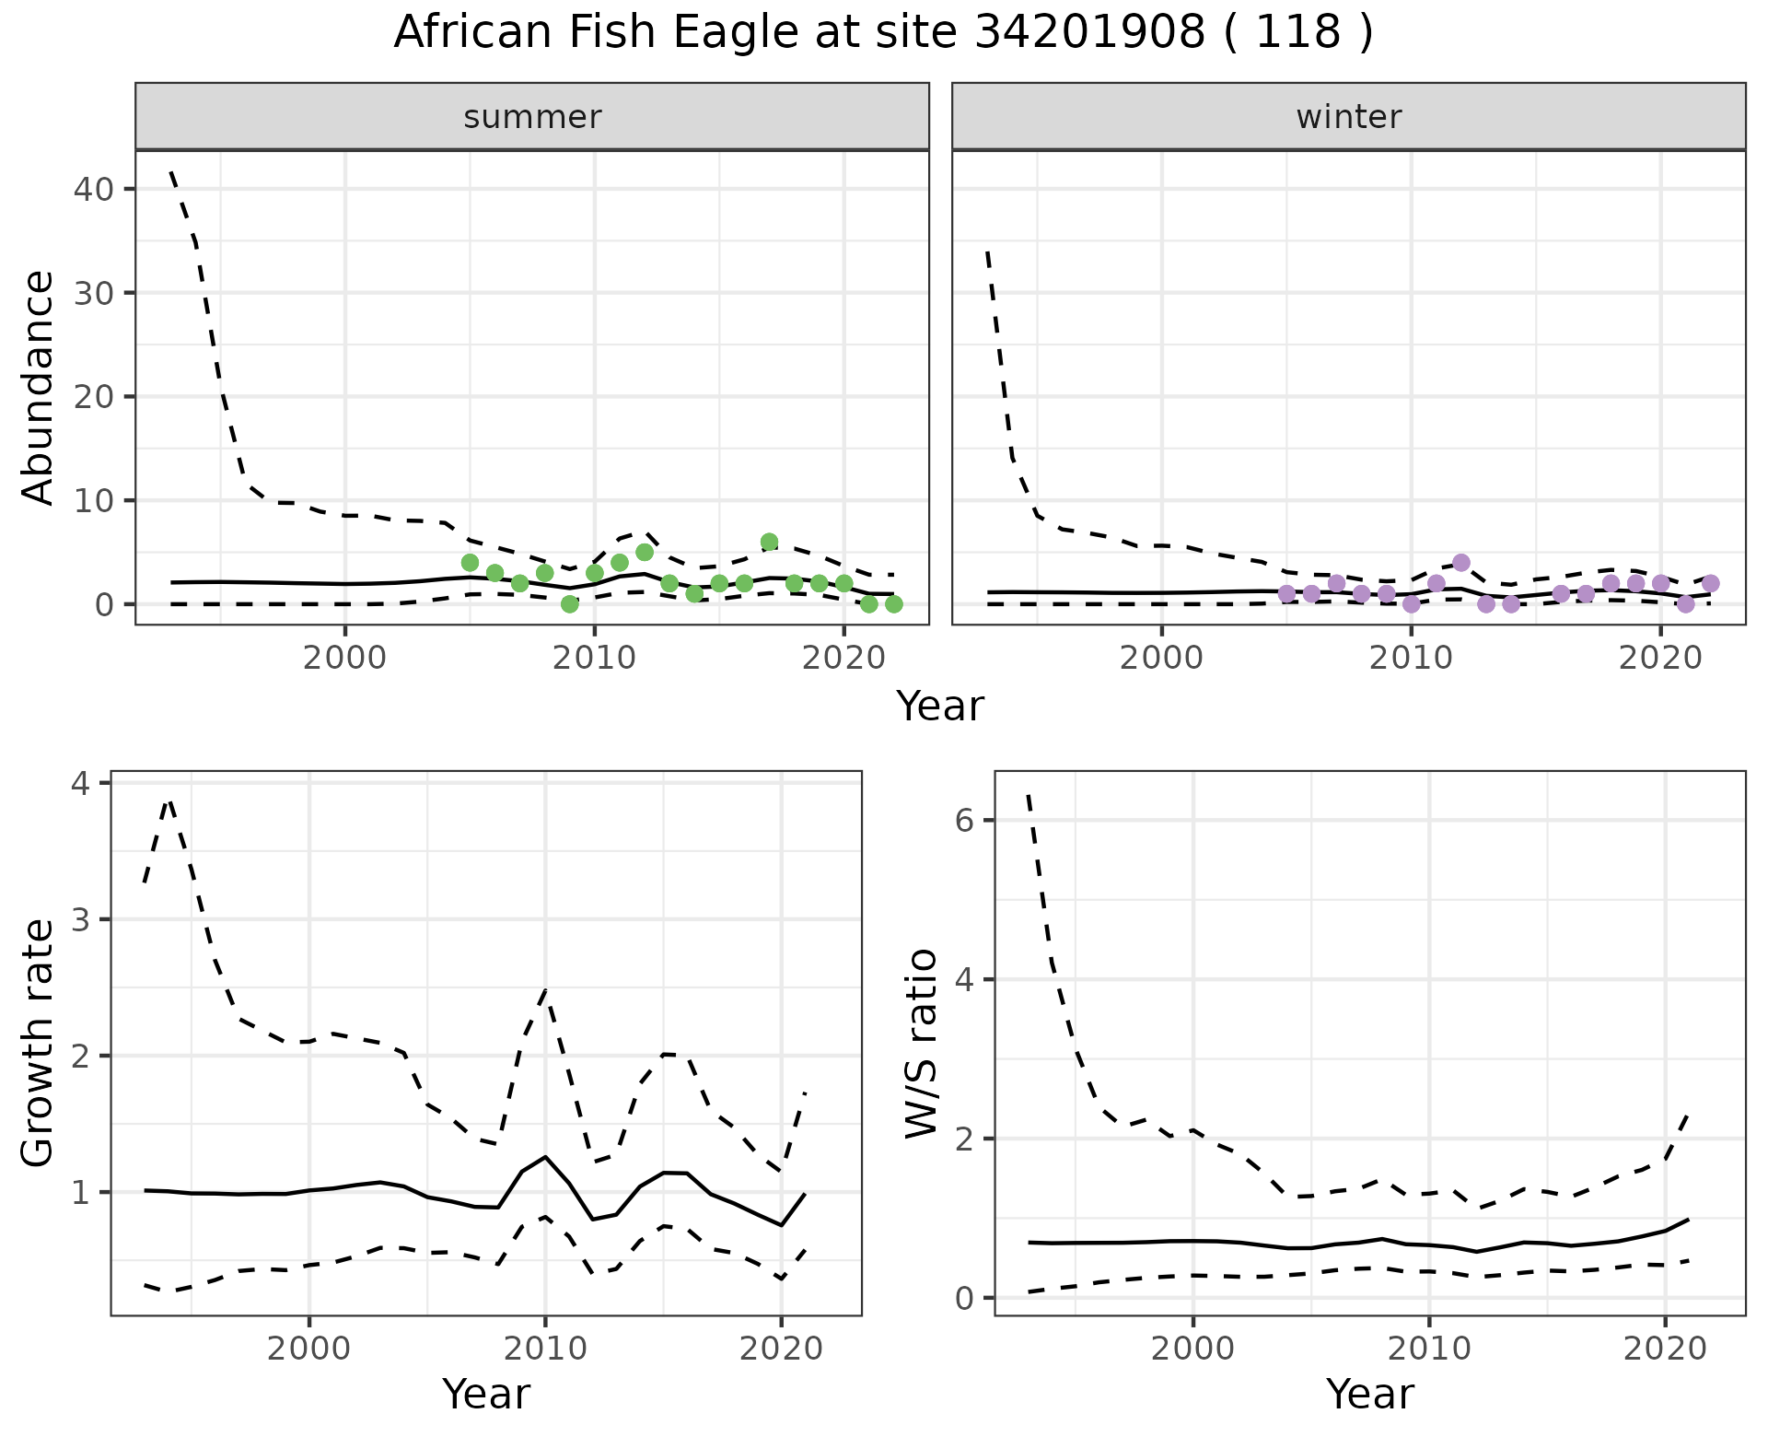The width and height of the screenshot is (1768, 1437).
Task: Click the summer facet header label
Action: tap(532, 117)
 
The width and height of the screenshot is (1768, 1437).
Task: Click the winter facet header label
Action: tap(1348, 117)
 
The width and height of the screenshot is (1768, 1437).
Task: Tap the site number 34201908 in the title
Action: tap(1088, 33)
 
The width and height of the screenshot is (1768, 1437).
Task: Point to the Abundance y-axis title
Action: tap(39, 387)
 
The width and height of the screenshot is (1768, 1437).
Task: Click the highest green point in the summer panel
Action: tap(769, 542)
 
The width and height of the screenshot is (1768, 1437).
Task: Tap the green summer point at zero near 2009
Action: tap(569, 604)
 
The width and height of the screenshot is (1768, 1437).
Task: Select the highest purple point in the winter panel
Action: tap(1460, 563)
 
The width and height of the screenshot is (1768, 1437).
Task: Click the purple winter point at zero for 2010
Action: tap(1411, 604)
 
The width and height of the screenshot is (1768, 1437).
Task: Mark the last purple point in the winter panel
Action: tap(1710, 583)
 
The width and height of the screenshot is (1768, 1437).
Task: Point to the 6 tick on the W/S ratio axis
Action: tap(964, 821)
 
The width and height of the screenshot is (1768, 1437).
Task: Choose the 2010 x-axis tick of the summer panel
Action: tap(595, 659)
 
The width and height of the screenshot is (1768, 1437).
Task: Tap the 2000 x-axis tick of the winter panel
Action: tap(1161, 659)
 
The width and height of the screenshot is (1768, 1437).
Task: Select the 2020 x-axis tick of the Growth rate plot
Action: tap(781, 1349)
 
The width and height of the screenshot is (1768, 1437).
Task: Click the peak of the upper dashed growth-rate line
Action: tap(169, 800)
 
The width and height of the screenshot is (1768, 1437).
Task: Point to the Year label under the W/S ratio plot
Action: tap(1369, 1395)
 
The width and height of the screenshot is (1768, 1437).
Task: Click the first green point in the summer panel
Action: tap(470, 563)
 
